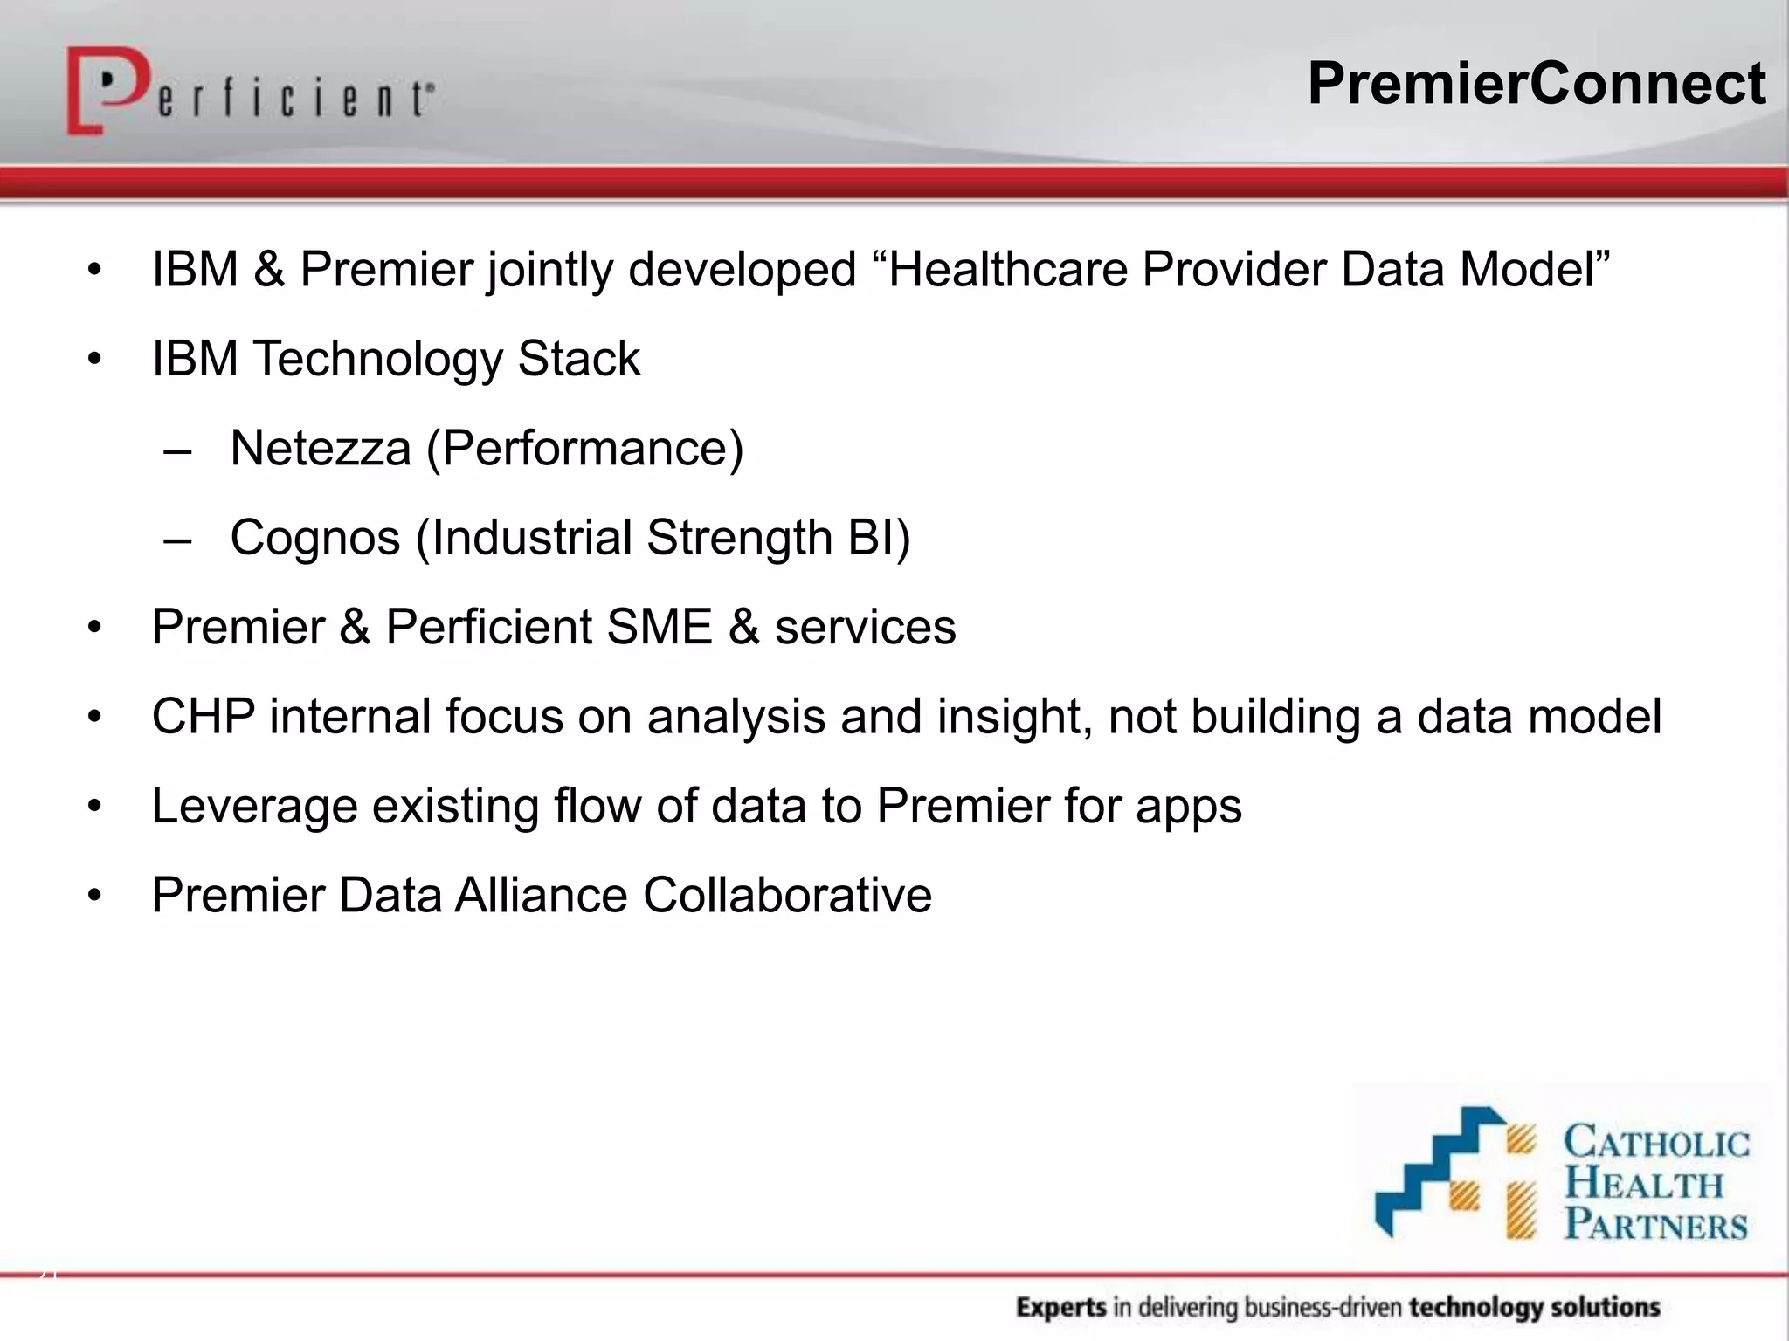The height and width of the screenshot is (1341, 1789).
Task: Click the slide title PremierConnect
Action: click(x=1536, y=85)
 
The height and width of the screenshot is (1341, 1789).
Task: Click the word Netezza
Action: click(x=320, y=449)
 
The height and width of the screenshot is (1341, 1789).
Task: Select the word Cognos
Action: click(x=314, y=538)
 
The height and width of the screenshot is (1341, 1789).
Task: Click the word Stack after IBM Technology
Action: click(x=578, y=359)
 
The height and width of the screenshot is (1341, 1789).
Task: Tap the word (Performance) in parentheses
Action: click(x=584, y=449)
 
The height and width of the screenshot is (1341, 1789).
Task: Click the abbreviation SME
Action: click(x=659, y=627)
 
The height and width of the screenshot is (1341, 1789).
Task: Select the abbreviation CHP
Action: click(x=204, y=717)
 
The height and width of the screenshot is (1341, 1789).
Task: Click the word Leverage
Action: click(x=254, y=806)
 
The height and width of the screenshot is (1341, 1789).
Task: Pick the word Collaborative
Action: click(x=787, y=896)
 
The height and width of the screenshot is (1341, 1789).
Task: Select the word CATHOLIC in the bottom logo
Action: click(x=1656, y=1143)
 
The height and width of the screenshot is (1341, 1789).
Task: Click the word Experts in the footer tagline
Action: click(x=1060, y=1307)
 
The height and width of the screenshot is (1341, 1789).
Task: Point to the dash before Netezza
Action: click(x=177, y=450)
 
